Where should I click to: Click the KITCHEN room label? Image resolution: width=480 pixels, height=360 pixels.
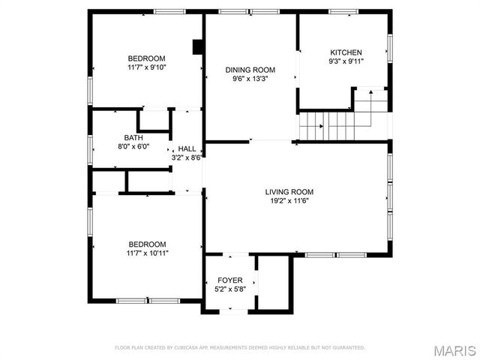click(346, 52)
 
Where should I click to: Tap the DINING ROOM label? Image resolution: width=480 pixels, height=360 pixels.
click(250, 69)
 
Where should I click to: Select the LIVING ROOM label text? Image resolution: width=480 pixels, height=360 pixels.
click(289, 191)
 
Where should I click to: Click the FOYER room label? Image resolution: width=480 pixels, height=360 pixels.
click(229, 280)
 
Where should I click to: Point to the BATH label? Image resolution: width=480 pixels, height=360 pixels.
click(133, 138)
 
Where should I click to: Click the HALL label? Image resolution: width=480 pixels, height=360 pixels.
click(187, 148)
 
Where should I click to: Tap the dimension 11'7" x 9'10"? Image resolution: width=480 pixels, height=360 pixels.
click(146, 67)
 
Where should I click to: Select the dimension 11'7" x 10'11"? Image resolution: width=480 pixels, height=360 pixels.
click(146, 253)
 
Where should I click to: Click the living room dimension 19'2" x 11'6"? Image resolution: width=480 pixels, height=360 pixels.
click(289, 200)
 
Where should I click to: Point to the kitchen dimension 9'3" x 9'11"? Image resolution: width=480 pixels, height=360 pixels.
click(346, 61)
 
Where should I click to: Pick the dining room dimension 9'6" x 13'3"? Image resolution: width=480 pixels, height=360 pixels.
click(250, 78)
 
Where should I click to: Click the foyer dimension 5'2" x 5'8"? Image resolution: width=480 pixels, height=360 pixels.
click(229, 289)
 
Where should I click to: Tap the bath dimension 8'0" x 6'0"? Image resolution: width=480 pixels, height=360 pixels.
click(133, 147)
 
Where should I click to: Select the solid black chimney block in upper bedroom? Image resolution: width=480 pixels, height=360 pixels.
click(198, 47)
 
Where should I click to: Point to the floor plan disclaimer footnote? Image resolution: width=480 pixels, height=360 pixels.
click(239, 348)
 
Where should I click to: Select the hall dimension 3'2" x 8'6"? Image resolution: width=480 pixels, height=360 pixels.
click(187, 157)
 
